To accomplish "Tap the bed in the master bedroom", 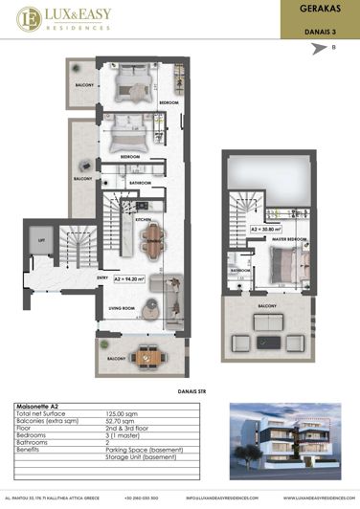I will [284, 265].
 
